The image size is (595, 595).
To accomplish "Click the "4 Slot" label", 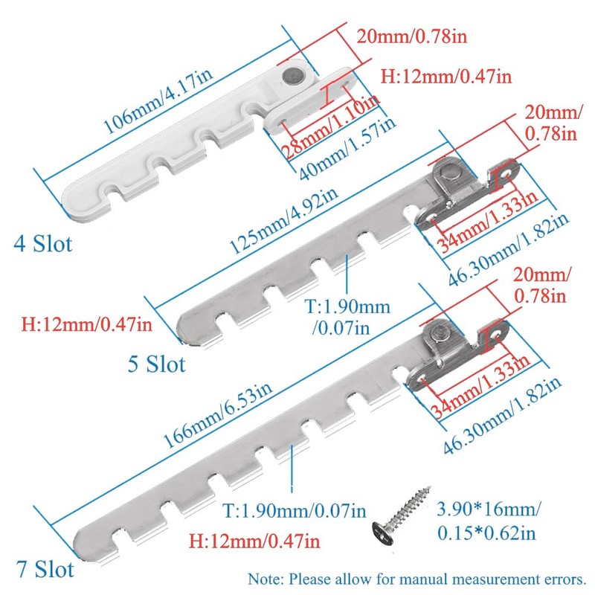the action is click(44, 243).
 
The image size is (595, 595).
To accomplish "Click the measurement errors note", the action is click(416, 577).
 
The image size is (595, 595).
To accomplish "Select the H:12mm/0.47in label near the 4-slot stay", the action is click(446, 76).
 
